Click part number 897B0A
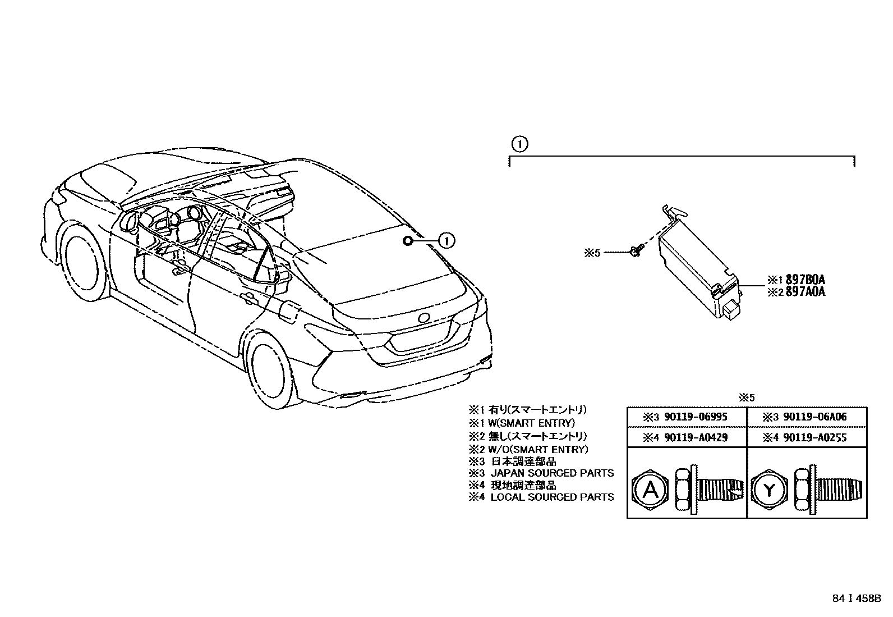pos(805,280)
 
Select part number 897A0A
pos(805,291)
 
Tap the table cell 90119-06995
pos(687,417)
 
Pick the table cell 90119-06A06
pos(807,417)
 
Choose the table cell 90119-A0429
pos(687,437)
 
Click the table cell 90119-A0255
pos(807,437)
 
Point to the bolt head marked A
pos(650,491)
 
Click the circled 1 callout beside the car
pos(446,241)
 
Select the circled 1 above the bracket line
pos(519,144)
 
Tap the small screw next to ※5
pos(635,253)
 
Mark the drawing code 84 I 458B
pos(857,598)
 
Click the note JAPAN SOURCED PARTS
pos(552,473)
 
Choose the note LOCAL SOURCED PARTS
pos(552,497)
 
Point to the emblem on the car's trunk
pos(424,318)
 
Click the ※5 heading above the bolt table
pos(747,397)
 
